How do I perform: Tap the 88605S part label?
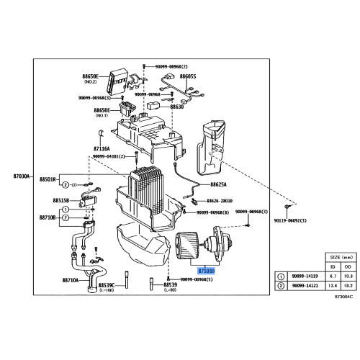pyautogui.click(x=188, y=76)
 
